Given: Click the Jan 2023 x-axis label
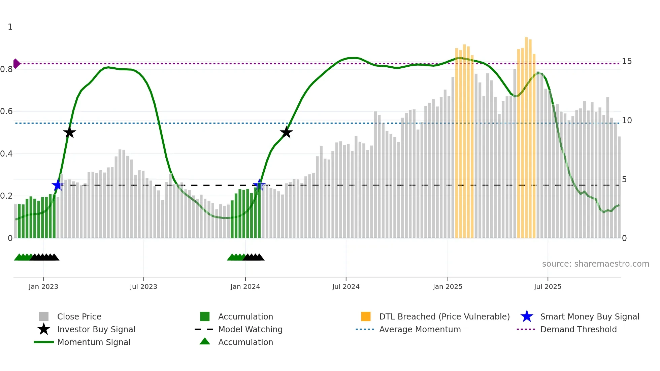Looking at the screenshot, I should point(43,286).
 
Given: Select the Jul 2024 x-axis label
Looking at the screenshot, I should point(346,286).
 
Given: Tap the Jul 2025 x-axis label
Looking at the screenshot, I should point(548,286).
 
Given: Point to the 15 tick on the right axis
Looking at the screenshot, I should point(627,61).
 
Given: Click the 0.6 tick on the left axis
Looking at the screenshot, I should point(6,111).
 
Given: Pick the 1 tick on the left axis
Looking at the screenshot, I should point(10,27).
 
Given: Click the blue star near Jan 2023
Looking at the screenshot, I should point(58,185).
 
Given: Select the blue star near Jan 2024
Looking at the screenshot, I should point(259,185).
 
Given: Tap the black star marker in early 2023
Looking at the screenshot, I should point(69,133).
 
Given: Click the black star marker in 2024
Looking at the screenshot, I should point(286,133).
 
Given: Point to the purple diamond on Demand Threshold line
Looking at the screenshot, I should point(16,64).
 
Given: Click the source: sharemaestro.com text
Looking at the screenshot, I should point(595,264).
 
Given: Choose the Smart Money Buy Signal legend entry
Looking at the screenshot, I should point(589,317).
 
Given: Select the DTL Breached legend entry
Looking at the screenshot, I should point(444,317).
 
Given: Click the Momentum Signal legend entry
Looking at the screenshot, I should point(94,342).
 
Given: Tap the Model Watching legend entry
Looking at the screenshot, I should point(250,330).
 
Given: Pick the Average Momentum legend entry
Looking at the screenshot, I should point(420,330).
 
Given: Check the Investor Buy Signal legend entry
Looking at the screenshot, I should point(96,330).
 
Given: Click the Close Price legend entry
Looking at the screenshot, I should point(79,317).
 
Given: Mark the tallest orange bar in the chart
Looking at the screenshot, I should point(526,138).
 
